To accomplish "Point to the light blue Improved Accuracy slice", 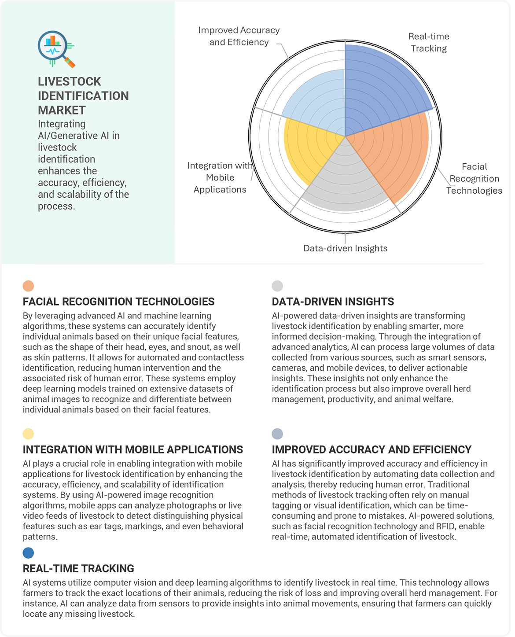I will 317,101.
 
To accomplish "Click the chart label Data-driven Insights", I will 345,248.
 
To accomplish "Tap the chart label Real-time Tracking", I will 429,42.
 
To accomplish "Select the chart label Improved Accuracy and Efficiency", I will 239,36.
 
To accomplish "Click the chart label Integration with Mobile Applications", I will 220,177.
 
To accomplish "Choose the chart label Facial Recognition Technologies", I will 474,178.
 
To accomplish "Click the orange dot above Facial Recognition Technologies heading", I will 28,286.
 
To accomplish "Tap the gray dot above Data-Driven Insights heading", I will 277,286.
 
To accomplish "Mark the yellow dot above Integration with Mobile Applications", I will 28,434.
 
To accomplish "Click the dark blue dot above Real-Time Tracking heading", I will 28,553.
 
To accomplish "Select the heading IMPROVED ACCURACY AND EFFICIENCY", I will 372,449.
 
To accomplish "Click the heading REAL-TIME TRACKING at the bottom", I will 78,568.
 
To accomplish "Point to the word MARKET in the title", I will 62,110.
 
